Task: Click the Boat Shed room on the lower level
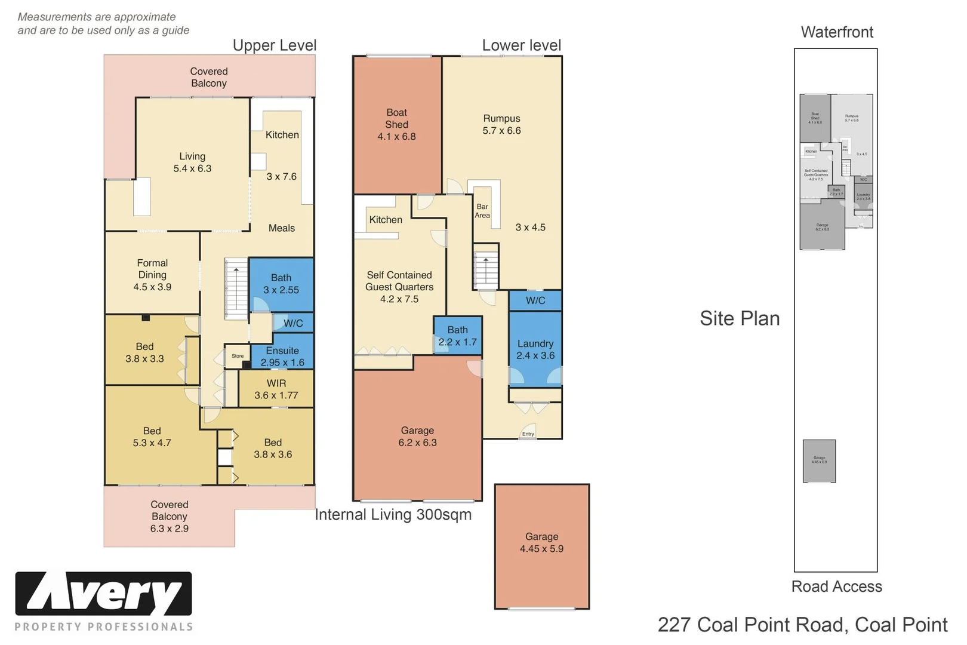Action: (x=397, y=125)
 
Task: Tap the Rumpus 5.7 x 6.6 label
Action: (x=501, y=125)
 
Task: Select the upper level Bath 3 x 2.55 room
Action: (x=281, y=284)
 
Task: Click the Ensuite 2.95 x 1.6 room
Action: (x=282, y=357)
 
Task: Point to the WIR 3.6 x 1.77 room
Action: (x=276, y=389)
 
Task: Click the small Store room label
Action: (x=238, y=356)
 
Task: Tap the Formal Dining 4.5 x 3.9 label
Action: (x=152, y=275)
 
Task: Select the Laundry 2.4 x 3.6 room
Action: (x=535, y=349)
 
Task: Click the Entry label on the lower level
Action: (x=528, y=434)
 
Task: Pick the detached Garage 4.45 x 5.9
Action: (x=541, y=543)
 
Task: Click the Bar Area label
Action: (x=482, y=211)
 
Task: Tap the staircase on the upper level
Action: (x=236, y=288)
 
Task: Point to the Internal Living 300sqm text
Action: (x=393, y=515)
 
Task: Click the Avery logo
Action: (x=103, y=594)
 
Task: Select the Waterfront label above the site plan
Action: (x=837, y=32)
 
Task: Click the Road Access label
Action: (x=836, y=586)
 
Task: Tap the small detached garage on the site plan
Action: (x=819, y=460)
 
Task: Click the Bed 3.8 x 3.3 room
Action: (x=144, y=352)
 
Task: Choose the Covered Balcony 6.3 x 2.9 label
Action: (x=169, y=517)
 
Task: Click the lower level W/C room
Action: (x=535, y=300)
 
